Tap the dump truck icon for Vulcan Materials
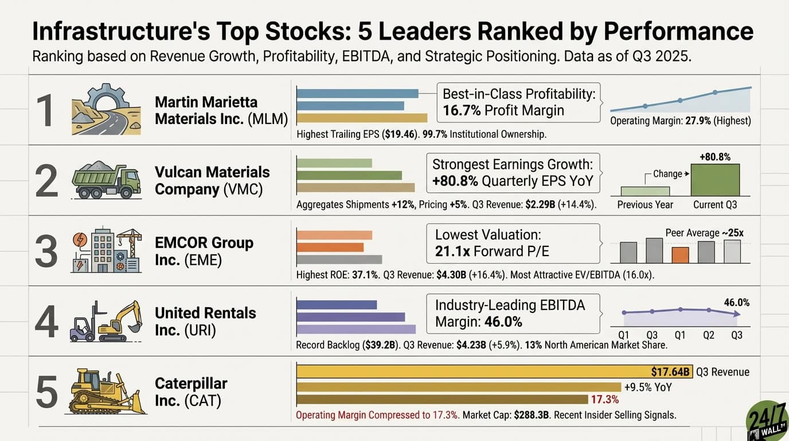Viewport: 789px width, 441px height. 106,179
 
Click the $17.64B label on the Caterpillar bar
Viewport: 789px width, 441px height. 671,372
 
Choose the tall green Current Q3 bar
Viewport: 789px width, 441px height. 715,180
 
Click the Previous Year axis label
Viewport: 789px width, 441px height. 645,204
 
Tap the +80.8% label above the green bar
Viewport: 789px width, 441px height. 715,157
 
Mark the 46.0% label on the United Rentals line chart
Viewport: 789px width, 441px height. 737,302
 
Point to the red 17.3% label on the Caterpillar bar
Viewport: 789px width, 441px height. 604,400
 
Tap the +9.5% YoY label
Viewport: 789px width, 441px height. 648,387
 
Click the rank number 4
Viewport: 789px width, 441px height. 46,322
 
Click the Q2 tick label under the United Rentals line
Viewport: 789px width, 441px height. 708,335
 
